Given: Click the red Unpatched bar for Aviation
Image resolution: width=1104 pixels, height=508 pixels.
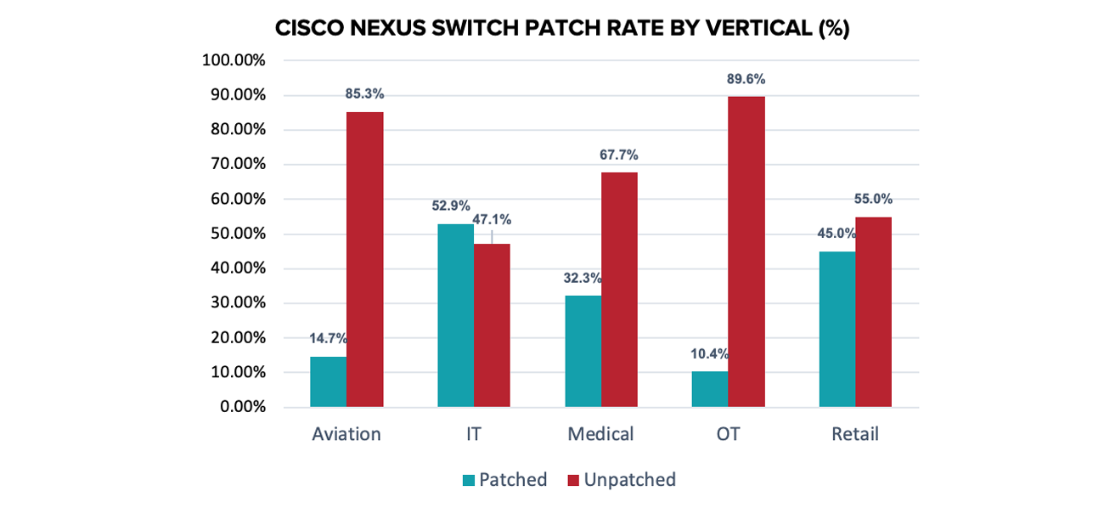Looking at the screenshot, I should click(x=364, y=259).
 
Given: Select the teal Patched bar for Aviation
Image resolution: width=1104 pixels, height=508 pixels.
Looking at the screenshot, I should click(x=328, y=381).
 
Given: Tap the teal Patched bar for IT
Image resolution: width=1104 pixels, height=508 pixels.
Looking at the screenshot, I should click(x=455, y=315).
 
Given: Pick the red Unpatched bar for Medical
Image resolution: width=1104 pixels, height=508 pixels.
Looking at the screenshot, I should click(x=619, y=290).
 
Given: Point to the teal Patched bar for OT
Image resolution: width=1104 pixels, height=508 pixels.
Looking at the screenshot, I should click(x=710, y=389).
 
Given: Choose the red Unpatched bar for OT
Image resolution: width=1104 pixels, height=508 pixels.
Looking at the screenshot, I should click(x=746, y=251).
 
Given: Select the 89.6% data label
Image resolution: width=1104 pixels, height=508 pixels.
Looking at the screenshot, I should click(x=746, y=79).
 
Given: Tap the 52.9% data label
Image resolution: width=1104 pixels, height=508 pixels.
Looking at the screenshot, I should click(x=455, y=206).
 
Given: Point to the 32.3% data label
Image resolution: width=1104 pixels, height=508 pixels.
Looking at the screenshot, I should click(x=582, y=277).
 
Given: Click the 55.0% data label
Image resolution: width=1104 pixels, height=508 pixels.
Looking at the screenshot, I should click(x=872, y=199).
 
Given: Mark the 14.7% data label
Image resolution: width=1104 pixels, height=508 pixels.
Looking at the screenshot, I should click(x=328, y=338).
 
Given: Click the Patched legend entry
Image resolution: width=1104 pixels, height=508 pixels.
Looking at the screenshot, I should click(x=504, y=480).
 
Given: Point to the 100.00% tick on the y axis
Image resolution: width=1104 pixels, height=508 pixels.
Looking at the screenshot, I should click(x=234, y=61).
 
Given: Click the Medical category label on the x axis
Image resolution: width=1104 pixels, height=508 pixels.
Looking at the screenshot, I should click(x=600, y=434).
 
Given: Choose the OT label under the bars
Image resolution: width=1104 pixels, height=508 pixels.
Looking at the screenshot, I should click(x=728, y=434).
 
